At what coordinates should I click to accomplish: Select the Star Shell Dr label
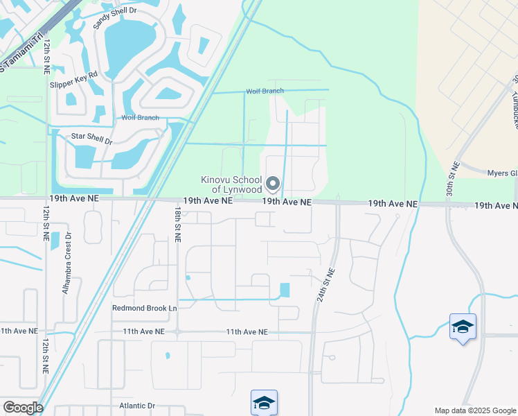point(91,137)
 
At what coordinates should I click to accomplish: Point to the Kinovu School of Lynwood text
point(231,184)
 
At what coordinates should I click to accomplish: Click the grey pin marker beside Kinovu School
point(273,184)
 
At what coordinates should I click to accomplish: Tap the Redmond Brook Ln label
point(144,307)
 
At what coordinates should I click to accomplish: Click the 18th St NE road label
point(178,223)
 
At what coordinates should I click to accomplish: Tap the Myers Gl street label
point(501,173)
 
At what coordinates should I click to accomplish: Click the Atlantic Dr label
point(138,406)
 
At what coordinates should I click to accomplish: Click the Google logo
point(22,407)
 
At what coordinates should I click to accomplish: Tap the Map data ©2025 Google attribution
point(474,410)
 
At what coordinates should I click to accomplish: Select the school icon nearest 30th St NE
point(463,327)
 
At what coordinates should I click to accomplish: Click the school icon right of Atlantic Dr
point(264,403)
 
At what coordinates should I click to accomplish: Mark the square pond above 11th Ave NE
point(285,291)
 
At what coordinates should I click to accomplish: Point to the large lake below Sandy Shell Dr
point(133,45)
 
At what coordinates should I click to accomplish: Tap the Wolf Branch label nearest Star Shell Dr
point(141,118)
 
